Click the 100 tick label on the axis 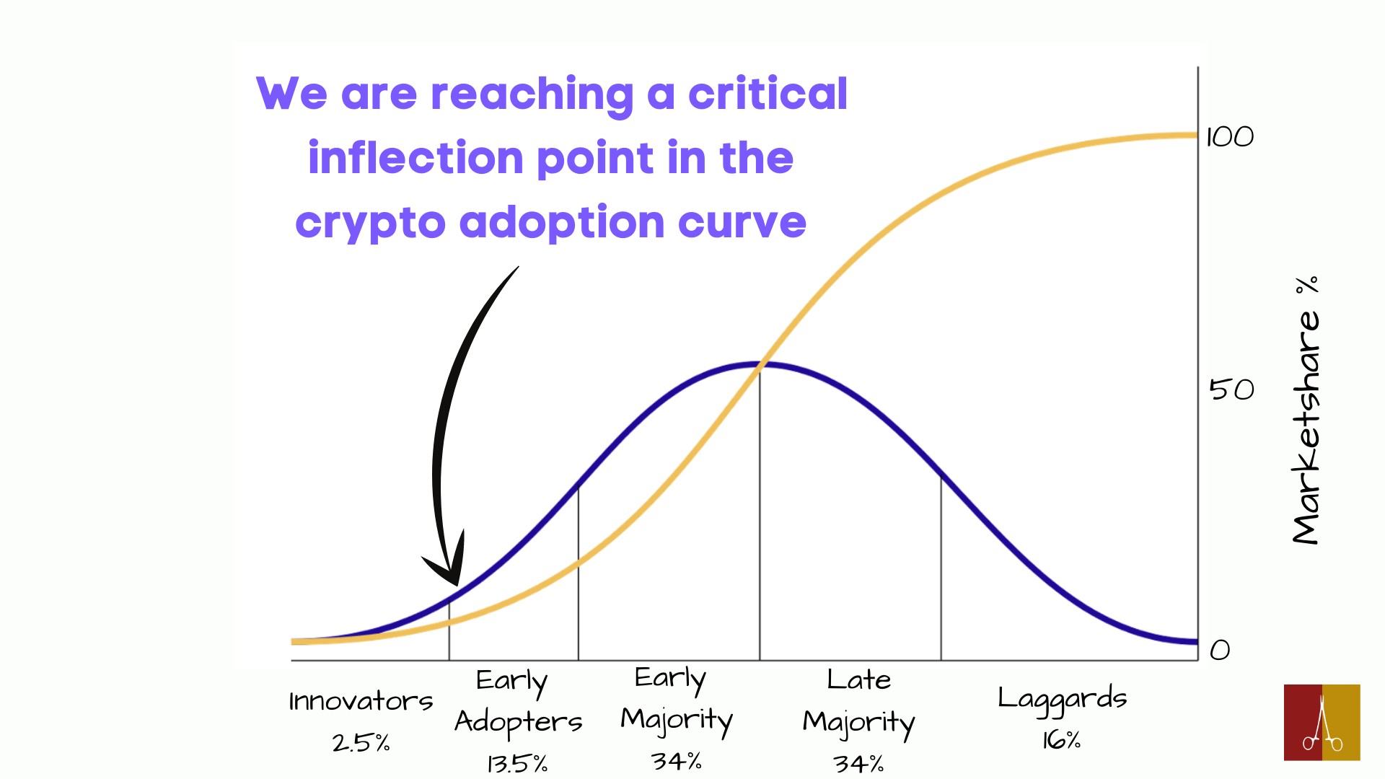(x=1230, y=137)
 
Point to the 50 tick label (x=1231, y=390)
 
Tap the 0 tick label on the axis (x=1220, y=651)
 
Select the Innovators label (x=361, y=701)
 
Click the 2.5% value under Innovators (x=361, y=742)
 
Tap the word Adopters (x=518, y=722)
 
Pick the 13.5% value (x=517, y=763)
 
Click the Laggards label (x=1062, y=698)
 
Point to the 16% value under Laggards (x=1061, y=739)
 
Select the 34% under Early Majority (x=676, y=761)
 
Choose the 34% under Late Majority (x=858, y=763)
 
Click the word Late (x=858, y=679)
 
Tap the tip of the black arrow (x=457, y=584)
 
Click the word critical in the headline (x=768, y=94)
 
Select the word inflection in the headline (x=415, y=158)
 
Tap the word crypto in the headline (x=371, y=223)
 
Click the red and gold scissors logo (x=1322, y=722)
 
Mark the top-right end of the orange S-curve (x=1195, y=135)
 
